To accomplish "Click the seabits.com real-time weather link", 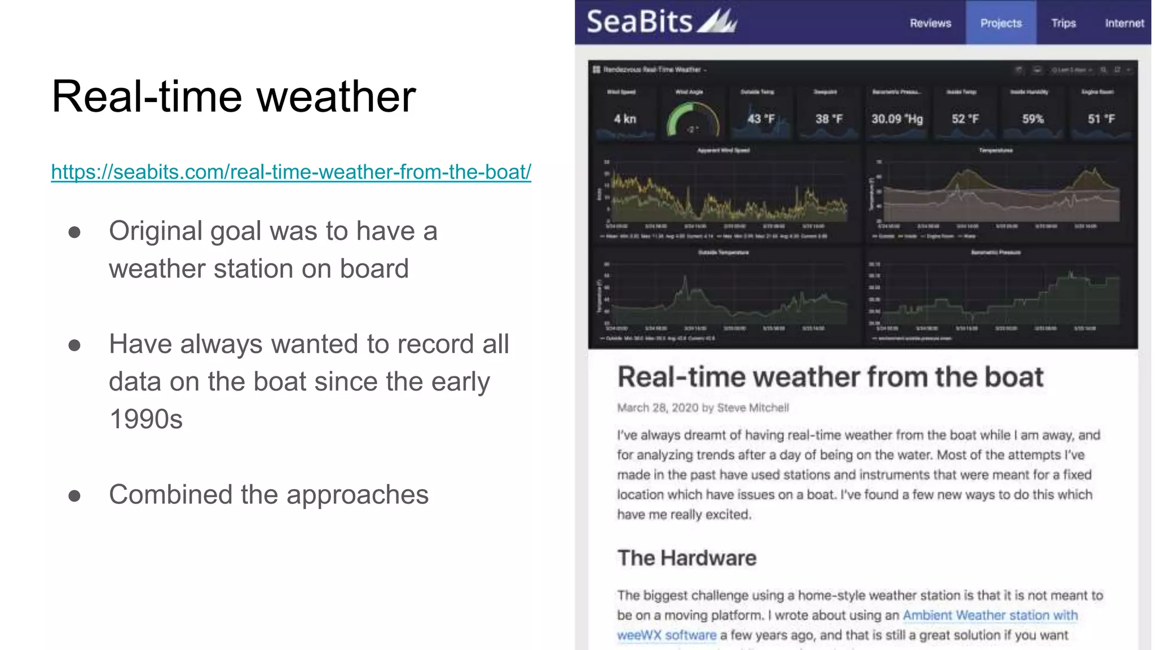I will coord(291,172).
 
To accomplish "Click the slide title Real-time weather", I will coord(233,96).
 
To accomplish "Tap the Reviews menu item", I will coord(930,23).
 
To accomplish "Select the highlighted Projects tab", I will coord(1000,23).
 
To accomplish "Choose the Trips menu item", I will coord(1063,23).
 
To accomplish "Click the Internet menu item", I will coord(1124,23).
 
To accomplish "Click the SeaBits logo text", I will coord(640,22).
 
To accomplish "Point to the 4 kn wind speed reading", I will coord(625,119).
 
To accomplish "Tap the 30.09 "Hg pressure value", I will coord(897,119).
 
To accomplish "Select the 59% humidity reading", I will coord(1033,119).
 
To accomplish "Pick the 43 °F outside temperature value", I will coord(761,119).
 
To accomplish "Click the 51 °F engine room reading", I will coord(1101,119).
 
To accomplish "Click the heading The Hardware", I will coord(686,557).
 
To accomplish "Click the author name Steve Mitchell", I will coord(752,408).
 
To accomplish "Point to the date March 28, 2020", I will coord(657,408).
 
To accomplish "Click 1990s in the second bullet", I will coord(146,419).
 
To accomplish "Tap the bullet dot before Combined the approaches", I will coord(74,496).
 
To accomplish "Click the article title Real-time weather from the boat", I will coord(830,377).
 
